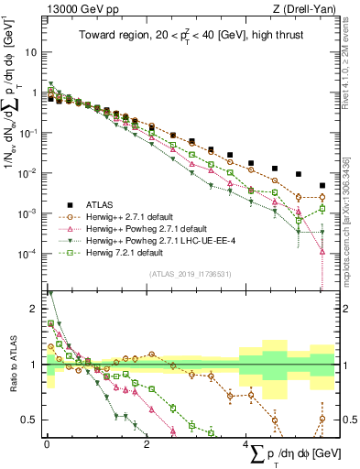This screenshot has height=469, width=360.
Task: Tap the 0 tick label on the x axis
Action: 47,444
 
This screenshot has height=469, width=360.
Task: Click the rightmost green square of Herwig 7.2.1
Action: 322,209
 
